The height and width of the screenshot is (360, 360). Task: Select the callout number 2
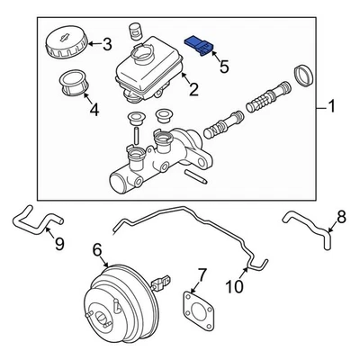tap(191, 88)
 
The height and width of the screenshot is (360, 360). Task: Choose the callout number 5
tap(223, 66)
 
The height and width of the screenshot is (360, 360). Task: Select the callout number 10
tap(233, 287)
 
